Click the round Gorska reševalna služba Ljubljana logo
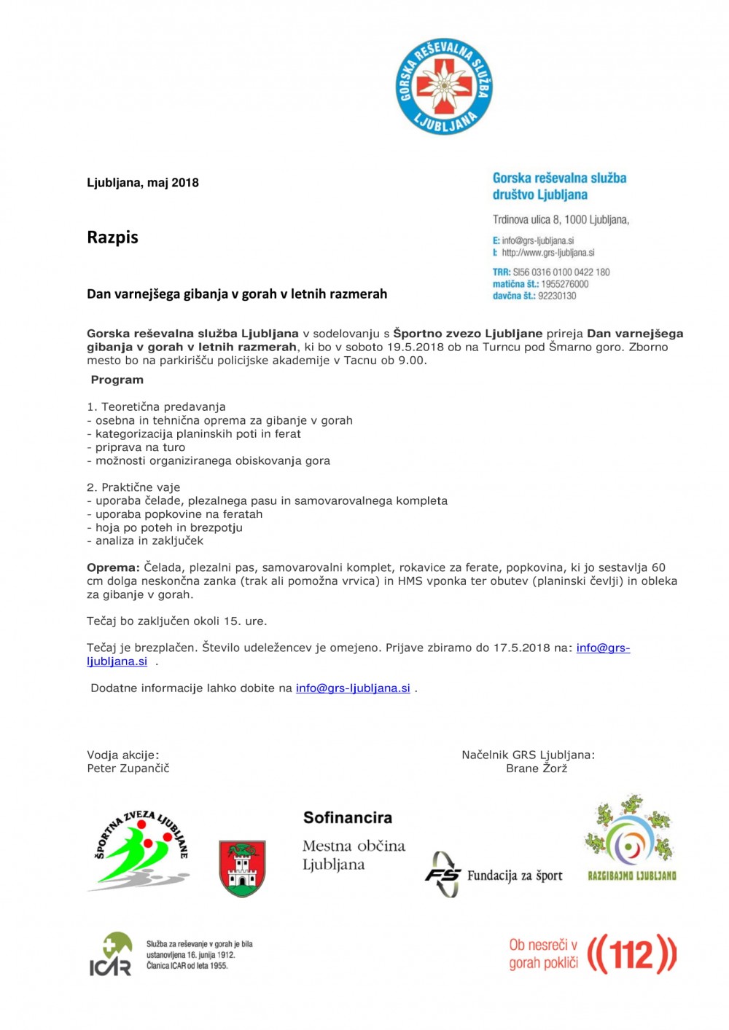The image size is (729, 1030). (443, 87)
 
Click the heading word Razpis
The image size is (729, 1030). (112, 237)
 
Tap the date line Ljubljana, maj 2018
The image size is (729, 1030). (143, 183)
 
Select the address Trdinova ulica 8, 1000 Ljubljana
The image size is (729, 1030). (561, 219)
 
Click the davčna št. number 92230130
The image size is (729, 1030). (557, 296)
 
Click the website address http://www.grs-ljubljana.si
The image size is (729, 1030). (547, 253)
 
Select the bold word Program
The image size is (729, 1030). (117, 380)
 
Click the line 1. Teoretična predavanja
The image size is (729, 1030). (156, 406)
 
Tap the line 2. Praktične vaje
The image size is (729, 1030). (133, 487)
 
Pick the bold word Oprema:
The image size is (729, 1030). (113, 567)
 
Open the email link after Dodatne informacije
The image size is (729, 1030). (353, 688)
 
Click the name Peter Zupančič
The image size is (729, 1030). (128, 768)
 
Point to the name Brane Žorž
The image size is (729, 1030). (537, 768)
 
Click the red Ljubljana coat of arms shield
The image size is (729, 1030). (242, 868)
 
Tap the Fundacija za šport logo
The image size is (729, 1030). (494, 875)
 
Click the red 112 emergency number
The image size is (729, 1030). (631, 954)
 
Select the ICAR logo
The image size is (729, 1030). (111, 954)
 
